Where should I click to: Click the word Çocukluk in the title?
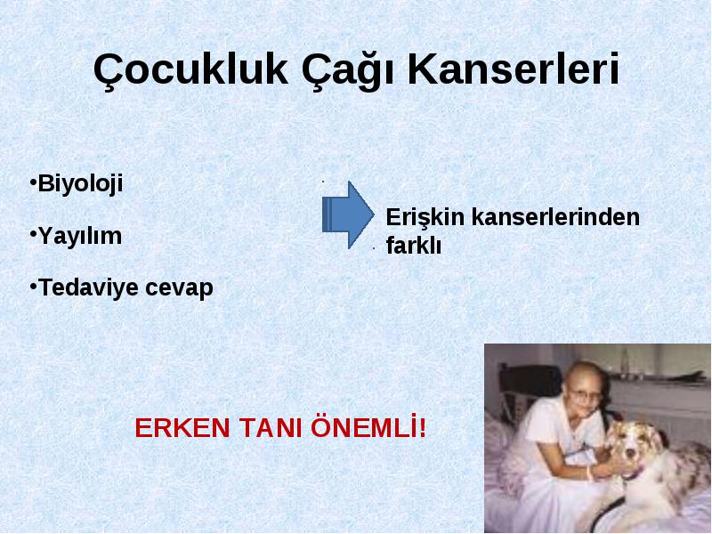click(x=190, y=70)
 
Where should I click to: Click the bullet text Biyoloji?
click(x=80, y=185)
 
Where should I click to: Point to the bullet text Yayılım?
click(x=80, y=237)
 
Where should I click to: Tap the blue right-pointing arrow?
click(x=348, y=214)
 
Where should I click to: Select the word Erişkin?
click(x=425, y=218)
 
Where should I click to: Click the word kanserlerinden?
click(x=555, y=217)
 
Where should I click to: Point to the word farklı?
click(x=413, y=246)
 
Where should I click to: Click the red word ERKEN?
click(x=182, y=428)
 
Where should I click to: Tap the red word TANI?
click(x=272, y=428)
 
